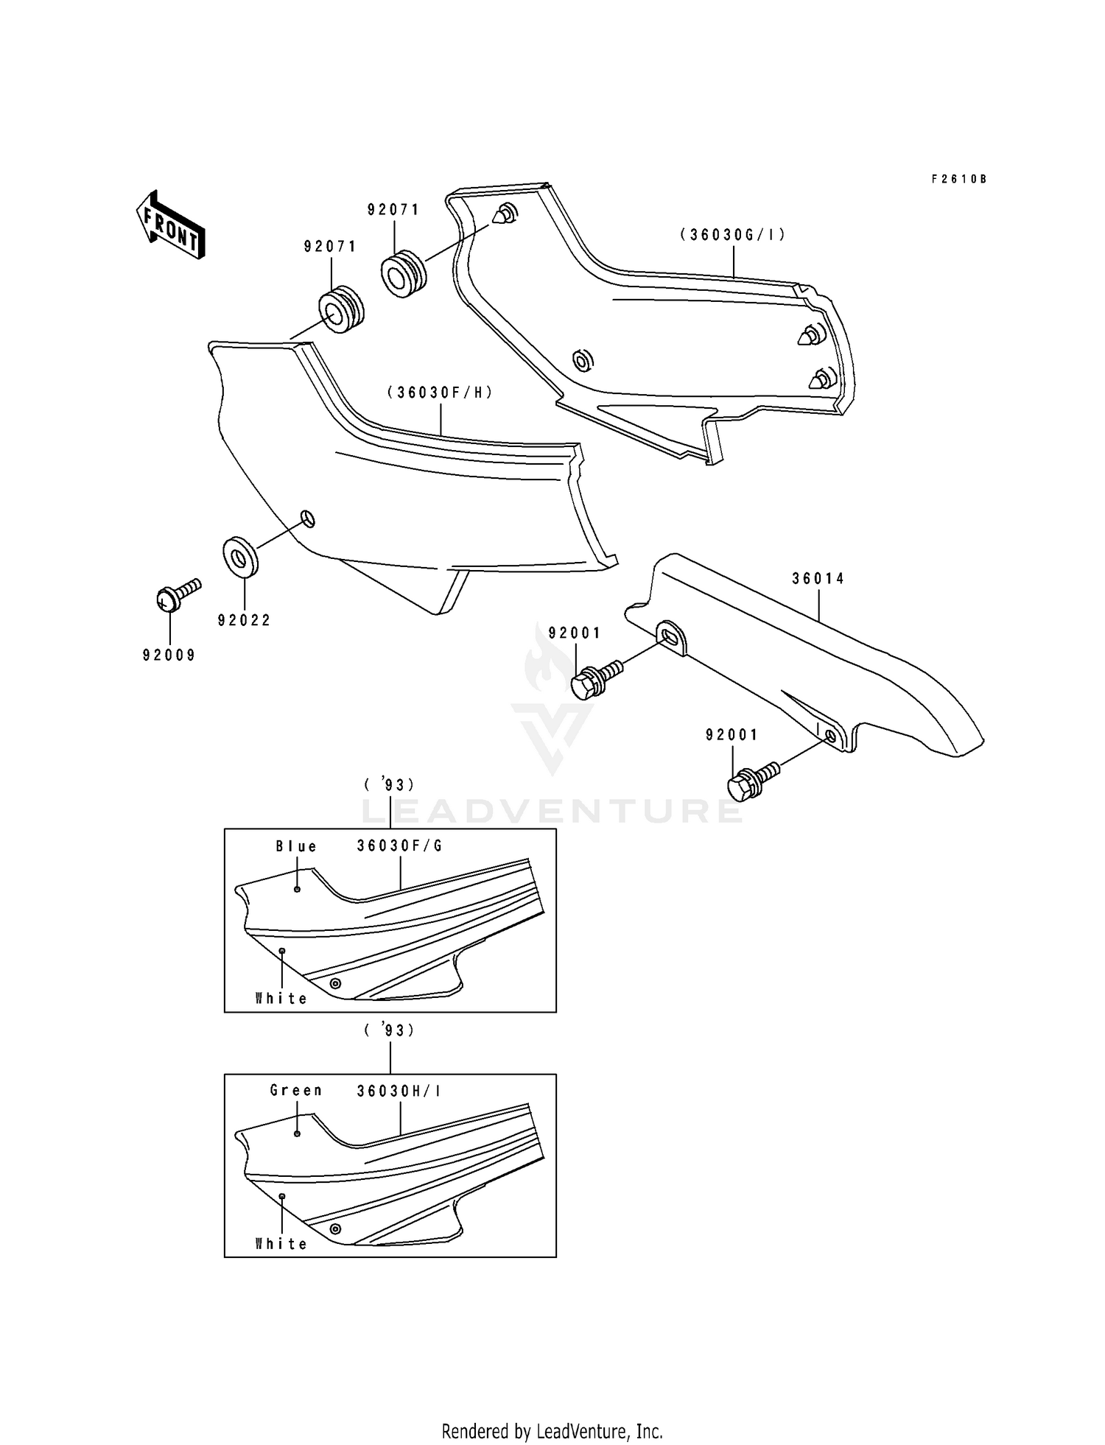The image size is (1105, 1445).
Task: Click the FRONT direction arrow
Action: click(x=170, y=225)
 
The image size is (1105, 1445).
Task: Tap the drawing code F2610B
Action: click(x=958, y=179)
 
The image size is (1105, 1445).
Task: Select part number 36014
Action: click(x=818, y=579)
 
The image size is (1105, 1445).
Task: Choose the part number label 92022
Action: click(x=244, y=621)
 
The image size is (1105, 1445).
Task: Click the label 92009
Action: click(x=169, y=655)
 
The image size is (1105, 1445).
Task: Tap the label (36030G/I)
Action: click(x=733, y=235)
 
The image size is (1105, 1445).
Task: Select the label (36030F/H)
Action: click(x=440, y=393)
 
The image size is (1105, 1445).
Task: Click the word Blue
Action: click(x=296, y=847)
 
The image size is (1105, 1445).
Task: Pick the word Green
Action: click(x=296, y=1091)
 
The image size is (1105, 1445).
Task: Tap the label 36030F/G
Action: click(x=400, y=846)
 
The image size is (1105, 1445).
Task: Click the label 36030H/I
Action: click(x=399, y=1091)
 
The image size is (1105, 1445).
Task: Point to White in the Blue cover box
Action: click(x=281, y=999)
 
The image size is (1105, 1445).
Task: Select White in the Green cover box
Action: click(x=281, y=1244)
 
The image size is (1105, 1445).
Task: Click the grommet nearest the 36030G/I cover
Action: click(x=402, y=273)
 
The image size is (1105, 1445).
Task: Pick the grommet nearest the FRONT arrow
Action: click(x=340, y=309)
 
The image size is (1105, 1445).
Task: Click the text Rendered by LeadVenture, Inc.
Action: click(x=552, y=1432)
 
